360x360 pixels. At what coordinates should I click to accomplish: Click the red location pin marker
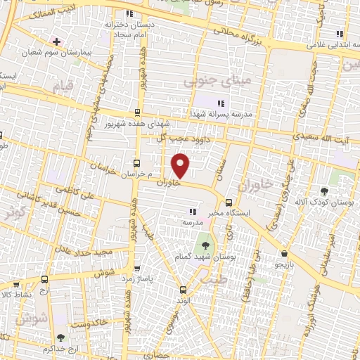click(x=181, y=166)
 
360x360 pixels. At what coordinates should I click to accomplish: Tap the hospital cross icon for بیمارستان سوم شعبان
click(x=56, y=41)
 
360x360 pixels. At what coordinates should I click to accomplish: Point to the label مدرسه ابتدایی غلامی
click(x=328, y=45)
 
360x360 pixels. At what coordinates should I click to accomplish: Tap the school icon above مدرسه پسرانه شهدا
click(x=221, y=103)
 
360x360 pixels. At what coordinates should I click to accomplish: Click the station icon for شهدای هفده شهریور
click(x=136, y=112)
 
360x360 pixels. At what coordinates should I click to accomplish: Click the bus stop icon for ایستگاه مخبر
click(x=228, y=203)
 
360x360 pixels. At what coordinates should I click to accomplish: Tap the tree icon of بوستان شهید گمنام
click(x=205, y=245)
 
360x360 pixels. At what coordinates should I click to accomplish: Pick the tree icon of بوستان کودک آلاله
click(x=324, y=191)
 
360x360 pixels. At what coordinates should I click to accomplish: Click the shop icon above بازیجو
click(x=284, y=254)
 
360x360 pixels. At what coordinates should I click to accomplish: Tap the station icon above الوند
click(x=184, y=290)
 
